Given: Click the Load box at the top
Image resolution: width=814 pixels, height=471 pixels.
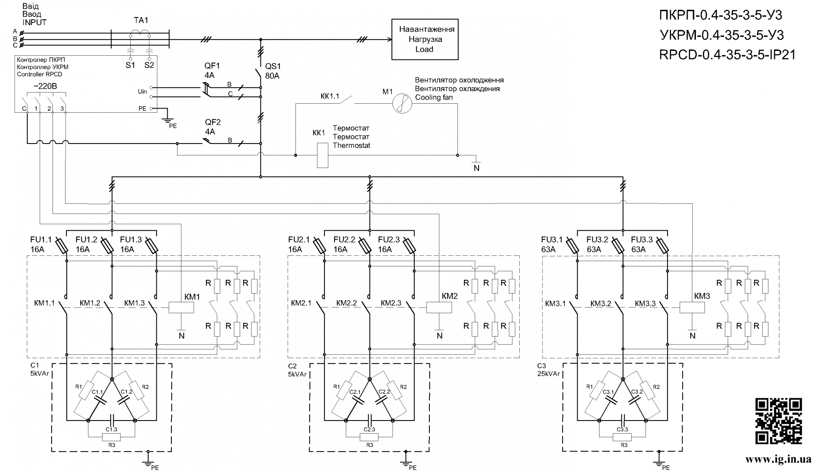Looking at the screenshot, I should (425, 39).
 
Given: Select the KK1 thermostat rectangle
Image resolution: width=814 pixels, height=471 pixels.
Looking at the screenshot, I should (322, 155).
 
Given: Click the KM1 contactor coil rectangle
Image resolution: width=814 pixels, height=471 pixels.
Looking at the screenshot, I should (181, 307).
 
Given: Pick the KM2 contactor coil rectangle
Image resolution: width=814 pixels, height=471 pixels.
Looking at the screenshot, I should (439, 307).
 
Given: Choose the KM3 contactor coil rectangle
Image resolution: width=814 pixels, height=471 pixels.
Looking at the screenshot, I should (692, 307).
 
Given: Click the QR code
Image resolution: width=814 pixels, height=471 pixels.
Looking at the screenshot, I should (779, 421).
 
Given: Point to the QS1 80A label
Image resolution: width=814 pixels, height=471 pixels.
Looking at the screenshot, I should (273, 71).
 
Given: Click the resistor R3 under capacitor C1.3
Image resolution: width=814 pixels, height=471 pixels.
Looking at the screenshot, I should (111, 437).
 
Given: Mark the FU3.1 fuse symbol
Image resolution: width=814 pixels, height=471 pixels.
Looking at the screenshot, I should (572, 246).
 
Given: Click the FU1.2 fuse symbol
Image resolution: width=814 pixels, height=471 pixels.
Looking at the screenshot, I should (107, 246).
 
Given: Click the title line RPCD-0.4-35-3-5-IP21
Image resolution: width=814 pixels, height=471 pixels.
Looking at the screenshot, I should (727, 55).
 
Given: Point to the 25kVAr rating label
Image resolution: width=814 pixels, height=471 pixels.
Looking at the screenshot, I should (548, 373).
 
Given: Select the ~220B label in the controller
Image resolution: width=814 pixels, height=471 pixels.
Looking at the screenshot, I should (45, 86).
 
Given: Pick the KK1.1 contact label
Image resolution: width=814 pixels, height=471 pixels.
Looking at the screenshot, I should (330, 96).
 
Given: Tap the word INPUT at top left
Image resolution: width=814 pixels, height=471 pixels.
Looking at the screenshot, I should (35, 23).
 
